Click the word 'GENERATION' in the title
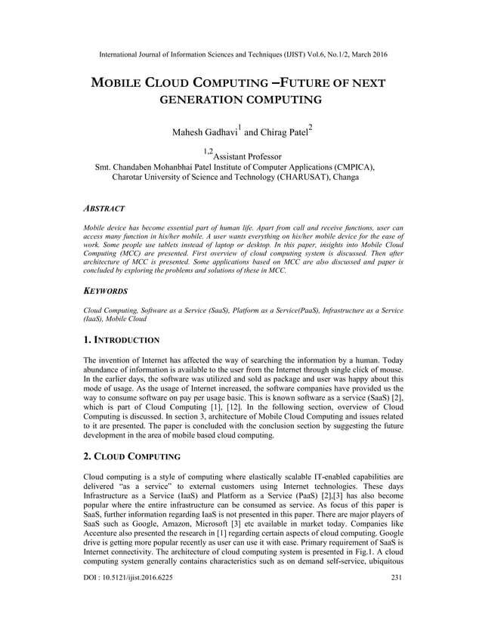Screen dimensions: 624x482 coord(198,100)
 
